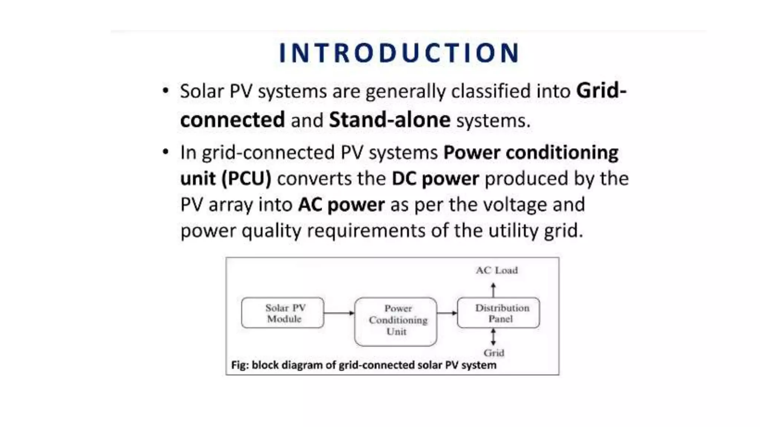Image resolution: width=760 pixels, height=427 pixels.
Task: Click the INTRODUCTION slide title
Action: pyautogui.click(x=399, y=53)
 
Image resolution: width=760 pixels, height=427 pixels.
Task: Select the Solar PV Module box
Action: pyautogui.click(x=282, y=313)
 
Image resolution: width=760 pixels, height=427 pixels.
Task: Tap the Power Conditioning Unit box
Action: pyautogui.click(x=396, y=321)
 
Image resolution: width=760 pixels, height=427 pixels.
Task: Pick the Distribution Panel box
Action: pyautogui.click(x=498, y=313)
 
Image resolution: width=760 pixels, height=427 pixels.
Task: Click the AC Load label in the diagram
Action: pyautogui.click(x=497, y=271)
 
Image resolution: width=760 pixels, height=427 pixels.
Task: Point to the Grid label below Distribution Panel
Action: pyautogui.click(x=494, y=353)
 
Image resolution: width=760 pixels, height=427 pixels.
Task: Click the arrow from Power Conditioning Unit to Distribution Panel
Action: pyautogui.click(x=447, y=313)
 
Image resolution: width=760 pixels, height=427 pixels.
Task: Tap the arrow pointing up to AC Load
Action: pyautogui.click(x=493, y=290)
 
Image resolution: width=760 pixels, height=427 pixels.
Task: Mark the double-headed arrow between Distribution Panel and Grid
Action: pyautogui.click(x=493, y=337)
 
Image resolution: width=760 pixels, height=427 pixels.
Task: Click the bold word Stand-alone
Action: pyautogui.click(x=390, y=120)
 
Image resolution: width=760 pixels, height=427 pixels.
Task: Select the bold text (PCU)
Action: pyautogui.click(x=246, y=179)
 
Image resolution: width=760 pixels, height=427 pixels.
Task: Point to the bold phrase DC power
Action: pyautogui.click(x=435, y=179)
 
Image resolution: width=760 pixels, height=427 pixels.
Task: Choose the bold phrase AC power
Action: pyautogui.click(x=341, y=205)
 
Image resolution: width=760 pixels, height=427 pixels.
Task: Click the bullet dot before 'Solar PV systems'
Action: pyautogui.click(x=166, y=91)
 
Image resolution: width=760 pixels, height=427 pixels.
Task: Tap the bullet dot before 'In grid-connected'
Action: pyautogui.click(x=166, y=152)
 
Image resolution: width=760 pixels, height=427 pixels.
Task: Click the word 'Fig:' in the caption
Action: pyautogui.click(x=240, y=365)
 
